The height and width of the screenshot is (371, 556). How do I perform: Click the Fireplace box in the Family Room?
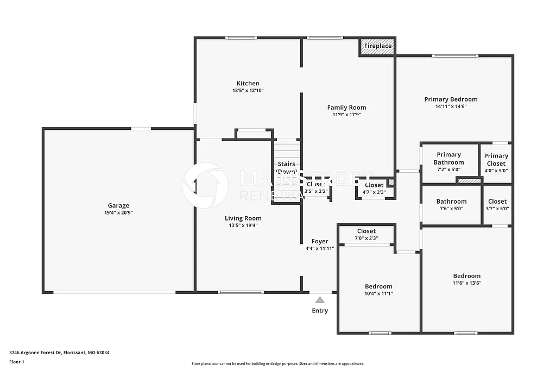pos(377,46)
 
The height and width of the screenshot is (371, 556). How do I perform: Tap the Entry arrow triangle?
pos(320,300)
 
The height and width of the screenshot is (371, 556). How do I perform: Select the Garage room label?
pos(118,205)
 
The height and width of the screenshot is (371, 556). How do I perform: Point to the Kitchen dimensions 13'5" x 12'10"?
pos(248,91)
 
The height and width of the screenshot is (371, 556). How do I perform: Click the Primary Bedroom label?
pos(451,99)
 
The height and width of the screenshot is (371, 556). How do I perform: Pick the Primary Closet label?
pos(496,160)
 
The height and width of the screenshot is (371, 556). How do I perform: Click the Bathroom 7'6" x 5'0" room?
pos(451,205)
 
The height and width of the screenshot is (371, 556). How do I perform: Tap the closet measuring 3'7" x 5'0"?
pos(497,205)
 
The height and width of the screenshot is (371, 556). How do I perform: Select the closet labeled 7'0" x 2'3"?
pos(366,234)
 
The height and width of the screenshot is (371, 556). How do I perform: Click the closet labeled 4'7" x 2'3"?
pos(374,188)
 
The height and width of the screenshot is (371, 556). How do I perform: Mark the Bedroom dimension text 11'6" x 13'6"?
pos(467,283)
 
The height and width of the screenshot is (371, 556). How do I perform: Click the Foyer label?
pos(319,241)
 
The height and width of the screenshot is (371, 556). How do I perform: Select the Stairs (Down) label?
pos(286,167)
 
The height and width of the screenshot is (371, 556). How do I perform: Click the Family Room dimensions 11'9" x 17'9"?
pos(346,115)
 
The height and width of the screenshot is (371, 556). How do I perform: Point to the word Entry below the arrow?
pos(320,311)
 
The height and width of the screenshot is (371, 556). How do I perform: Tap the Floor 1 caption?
pos(17,362)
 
